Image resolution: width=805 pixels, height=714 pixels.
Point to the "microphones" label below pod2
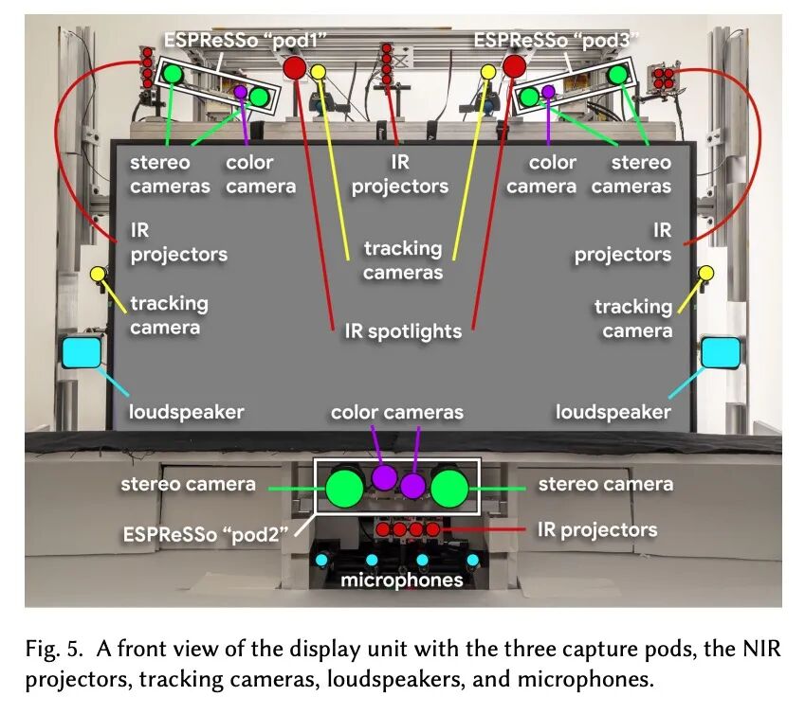click(402, 580)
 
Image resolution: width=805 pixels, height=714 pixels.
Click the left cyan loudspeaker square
click(82, 353)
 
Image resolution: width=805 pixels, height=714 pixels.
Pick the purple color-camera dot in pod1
click(241, 93)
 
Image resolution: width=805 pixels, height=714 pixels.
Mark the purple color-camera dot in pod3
click(548, 93)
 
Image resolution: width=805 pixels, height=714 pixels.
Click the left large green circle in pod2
click(344, 489)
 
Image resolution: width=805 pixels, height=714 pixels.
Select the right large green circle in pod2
click(449, 489)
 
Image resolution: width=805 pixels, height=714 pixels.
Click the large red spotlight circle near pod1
click(294, 67)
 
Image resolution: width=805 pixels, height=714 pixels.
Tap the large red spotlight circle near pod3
click(513, 65)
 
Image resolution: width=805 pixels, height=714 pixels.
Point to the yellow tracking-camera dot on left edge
click(98, 275)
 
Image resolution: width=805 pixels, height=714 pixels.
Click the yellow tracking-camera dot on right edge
click(706, 274)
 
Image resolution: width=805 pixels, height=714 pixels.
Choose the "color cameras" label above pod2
click(397, 412)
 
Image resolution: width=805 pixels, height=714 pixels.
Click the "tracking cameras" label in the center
click(403, 260)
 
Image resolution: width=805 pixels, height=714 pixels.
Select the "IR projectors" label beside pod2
click(596, 529)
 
